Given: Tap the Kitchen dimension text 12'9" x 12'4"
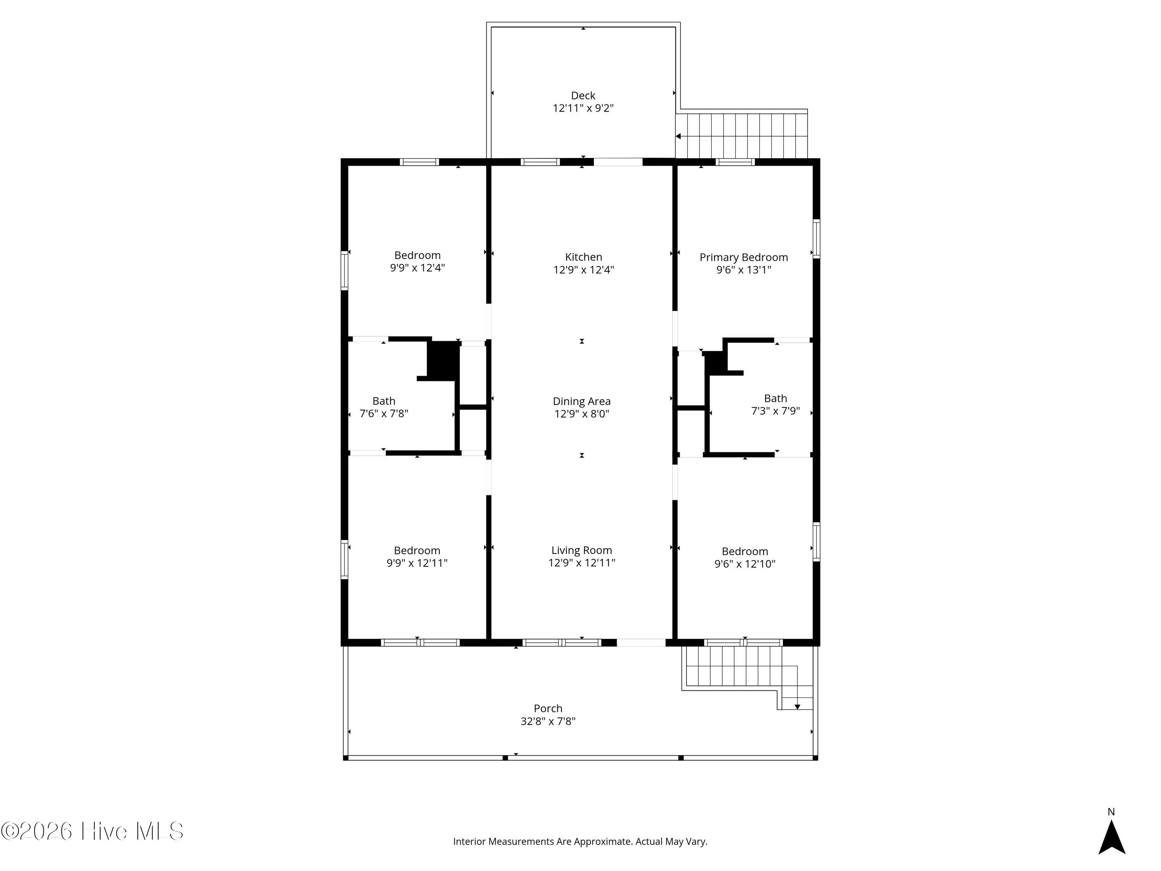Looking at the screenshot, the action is [584, 270].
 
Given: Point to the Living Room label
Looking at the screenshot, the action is [582, 550].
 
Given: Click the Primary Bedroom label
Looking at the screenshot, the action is [744, 257].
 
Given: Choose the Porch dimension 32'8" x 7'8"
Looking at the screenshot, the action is [548, 721].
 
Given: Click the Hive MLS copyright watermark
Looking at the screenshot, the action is [92, 831].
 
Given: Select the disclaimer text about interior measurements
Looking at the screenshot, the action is [580, 842].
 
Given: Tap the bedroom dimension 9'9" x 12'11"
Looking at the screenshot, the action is [417, 563].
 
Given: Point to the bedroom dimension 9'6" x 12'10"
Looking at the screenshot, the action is [745, 564].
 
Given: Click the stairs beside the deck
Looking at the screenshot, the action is [741, 135].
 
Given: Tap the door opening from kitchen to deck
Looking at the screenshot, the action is [618, 162].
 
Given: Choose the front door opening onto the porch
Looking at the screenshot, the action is [641, 643].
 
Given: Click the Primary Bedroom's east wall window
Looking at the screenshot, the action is [816, 239].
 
